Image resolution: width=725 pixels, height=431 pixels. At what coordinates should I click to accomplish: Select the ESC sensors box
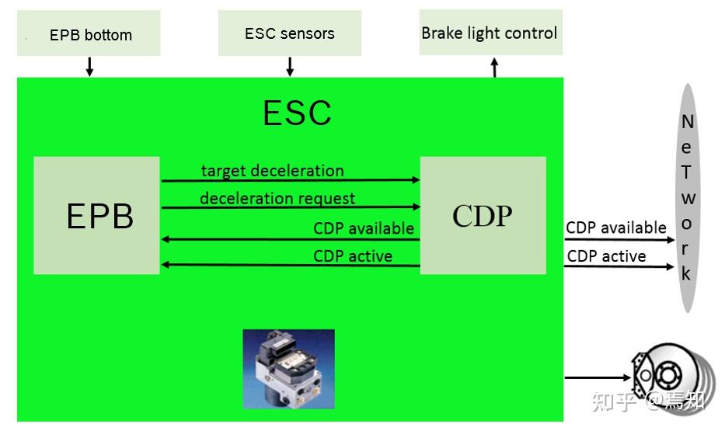coord(289,33)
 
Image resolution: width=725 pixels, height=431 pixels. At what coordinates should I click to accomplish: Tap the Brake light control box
coord(490,33)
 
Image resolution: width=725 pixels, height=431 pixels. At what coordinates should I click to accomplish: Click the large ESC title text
coord(297,113)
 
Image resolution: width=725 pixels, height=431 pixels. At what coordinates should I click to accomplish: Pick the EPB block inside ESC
coord(96,215)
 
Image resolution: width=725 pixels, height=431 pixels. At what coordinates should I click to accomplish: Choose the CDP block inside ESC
coord(483,215)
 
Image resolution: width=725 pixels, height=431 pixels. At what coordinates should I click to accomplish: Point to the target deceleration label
coord(272,171)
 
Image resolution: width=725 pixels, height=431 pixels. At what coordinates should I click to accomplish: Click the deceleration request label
coord(277,199)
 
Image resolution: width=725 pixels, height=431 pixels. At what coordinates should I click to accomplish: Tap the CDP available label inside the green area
coord(363,228)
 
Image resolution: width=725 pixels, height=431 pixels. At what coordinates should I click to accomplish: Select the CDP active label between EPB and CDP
coord(352,256)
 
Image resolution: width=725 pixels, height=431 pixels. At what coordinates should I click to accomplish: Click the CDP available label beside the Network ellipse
coord(615,228)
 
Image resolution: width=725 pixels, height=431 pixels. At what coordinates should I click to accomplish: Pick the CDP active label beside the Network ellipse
coord(606,256)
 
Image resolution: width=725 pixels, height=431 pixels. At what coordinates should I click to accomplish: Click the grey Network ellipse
coord(686,198)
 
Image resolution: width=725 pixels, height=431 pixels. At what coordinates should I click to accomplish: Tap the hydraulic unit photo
coord(288,369)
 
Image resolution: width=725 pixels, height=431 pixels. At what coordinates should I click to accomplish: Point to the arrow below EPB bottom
coord(89,67)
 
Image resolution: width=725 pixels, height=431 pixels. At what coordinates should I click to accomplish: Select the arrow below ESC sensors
coord(290,67)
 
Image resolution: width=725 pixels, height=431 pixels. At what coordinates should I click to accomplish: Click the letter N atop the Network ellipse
coord(687,122)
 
